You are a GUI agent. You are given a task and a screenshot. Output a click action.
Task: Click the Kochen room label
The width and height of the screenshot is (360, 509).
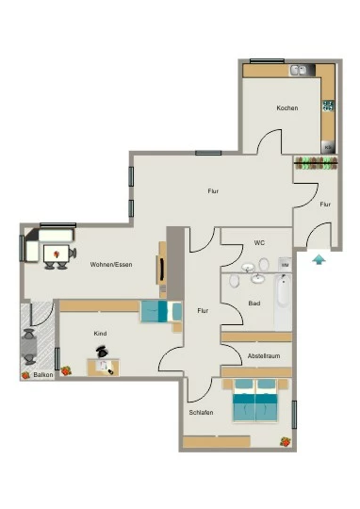[x=287, y=107]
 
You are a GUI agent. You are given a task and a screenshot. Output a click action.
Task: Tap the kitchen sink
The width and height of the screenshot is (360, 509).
[x=299, y=70]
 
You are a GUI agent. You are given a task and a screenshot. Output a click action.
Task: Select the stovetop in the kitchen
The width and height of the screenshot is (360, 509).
[x=328, y=106]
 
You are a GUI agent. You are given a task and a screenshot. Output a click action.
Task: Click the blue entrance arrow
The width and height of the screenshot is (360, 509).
[x=319, y=260]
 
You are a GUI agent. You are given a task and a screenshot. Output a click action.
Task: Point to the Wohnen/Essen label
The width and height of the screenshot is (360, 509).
[x=111, y=265]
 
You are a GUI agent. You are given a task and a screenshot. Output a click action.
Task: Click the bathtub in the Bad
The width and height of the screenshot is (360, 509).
[x=283, y=302]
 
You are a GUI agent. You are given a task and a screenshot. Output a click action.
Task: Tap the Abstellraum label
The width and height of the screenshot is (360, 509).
[x=264, y=355]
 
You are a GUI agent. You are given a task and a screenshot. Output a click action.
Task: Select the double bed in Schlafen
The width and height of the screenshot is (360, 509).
[x=255, y=401]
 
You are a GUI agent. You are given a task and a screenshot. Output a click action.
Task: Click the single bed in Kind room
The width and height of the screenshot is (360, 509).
[x=161, y=312]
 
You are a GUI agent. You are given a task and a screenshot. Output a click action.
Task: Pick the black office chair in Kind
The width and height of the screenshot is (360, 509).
[x=102, y=352]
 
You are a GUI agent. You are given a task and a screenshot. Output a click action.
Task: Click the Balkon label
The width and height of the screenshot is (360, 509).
[x=43, y=375]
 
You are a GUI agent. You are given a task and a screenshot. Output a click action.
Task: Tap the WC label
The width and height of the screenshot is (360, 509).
[x=259, y=242]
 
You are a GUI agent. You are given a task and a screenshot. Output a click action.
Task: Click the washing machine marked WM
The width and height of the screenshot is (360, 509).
[x=285, y=265]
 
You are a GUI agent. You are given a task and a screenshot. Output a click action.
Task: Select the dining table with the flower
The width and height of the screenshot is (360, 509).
[x=57, y=254]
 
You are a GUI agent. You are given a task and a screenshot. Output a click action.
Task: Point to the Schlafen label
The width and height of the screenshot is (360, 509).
[x=201, y=413]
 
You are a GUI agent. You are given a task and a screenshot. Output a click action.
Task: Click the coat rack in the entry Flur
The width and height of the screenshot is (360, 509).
[x=316, y=163]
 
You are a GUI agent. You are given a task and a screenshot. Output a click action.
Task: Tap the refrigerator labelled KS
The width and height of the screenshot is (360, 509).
[x=328, y=147]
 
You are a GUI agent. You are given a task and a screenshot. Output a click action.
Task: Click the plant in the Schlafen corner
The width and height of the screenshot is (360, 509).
[x=286, y=442]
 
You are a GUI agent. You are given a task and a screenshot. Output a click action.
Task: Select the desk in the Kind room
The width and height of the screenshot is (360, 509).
[x=104, y=368]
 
